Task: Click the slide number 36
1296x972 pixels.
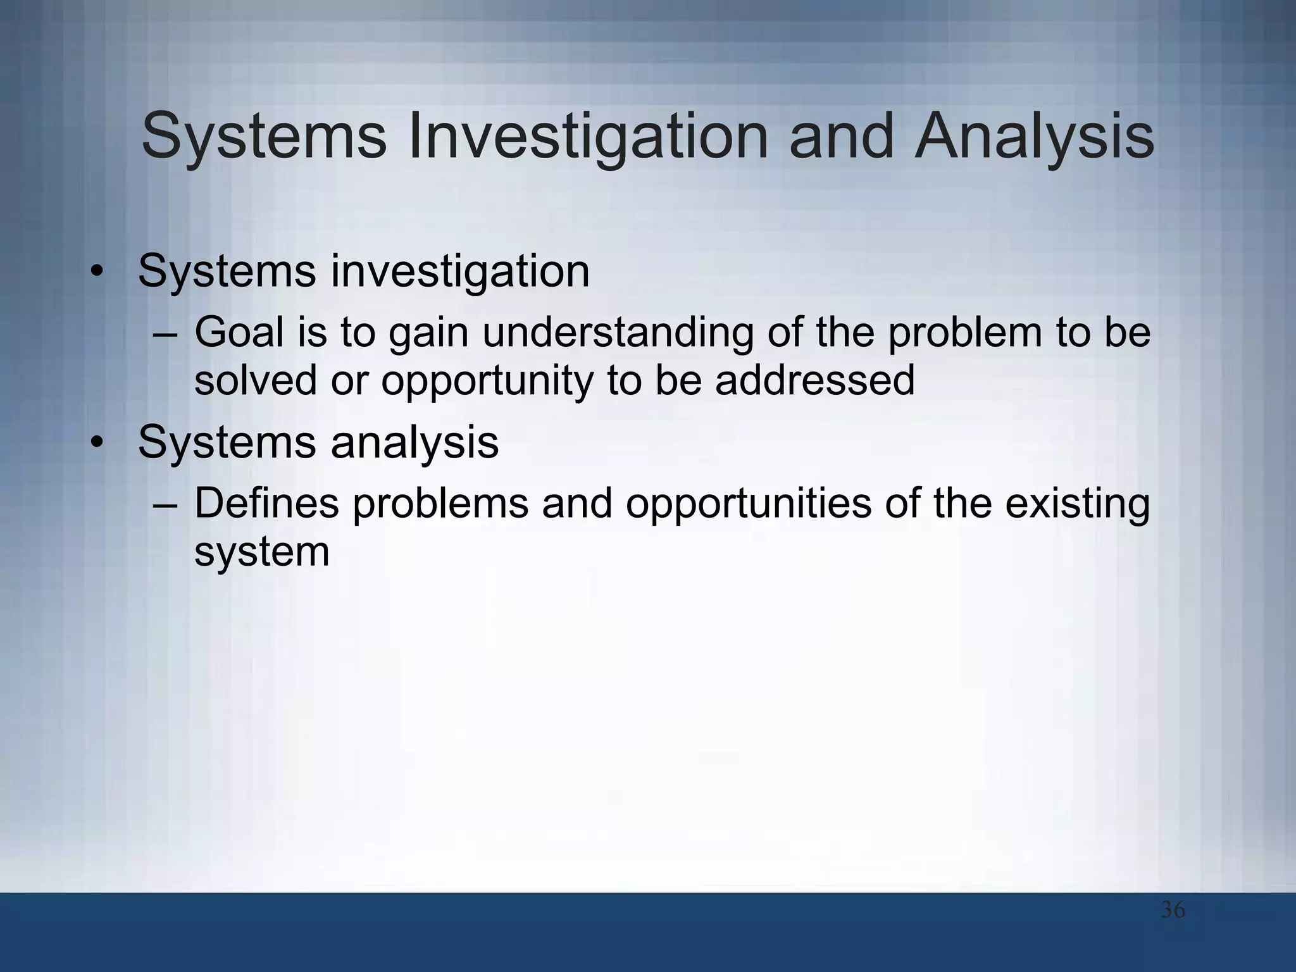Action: pyautogui.click(x=1173, y=911)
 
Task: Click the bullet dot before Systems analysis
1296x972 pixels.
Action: pyautogui.click(x=96, y=444)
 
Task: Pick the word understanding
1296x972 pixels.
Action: pyautogui.click(x=618, y=334)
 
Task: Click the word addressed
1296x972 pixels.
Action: pyautogui.click(x=814, y=381)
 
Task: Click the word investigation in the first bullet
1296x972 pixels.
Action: pyautogui.click(x=460, y=272)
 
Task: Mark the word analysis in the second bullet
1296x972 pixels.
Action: pyautogui.click(x=414, y=443)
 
